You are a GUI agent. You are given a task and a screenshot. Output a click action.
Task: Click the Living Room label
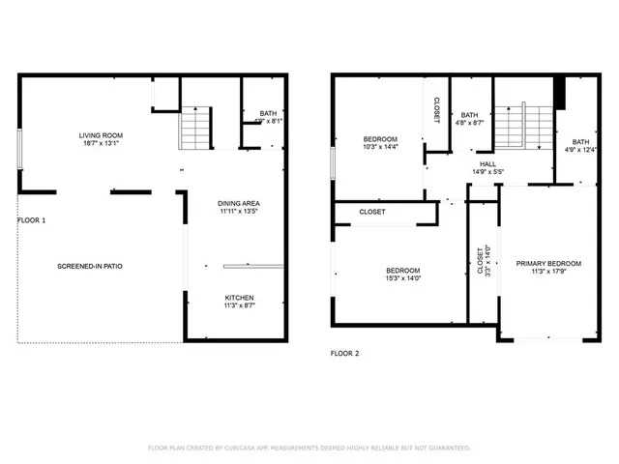click(x=101, y=135)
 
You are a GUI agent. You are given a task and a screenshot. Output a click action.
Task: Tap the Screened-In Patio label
click(x=89, y=266)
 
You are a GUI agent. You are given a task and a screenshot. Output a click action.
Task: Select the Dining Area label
click(x=238, y=203)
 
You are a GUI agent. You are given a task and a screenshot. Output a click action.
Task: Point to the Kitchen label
click(x=239, y=298)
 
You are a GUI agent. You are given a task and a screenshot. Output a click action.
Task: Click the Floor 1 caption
click(x=31, y=220)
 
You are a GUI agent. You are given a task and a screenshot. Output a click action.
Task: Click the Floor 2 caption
click(x=344, y=354)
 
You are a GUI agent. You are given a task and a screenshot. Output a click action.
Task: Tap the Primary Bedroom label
click(x=548, y=264)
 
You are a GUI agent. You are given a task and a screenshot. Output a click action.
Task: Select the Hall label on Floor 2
click(x=487, y=163)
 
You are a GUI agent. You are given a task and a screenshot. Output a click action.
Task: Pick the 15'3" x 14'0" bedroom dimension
click(x=402, y=278)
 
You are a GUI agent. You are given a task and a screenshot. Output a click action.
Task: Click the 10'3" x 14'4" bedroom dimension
click(x=380, y=147)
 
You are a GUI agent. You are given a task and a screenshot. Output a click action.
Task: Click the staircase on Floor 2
click(x=523, y=126)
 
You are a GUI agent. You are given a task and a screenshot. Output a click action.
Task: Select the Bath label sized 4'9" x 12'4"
click(x=579, y=148)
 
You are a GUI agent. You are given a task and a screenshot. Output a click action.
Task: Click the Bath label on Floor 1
click(x=268, y=114)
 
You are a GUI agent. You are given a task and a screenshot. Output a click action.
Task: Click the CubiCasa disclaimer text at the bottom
click(x=309, y=448)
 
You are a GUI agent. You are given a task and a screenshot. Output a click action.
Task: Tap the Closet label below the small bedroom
click(x=372, y=212)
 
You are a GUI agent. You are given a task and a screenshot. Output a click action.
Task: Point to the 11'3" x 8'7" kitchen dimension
click(x=239, y=305)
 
